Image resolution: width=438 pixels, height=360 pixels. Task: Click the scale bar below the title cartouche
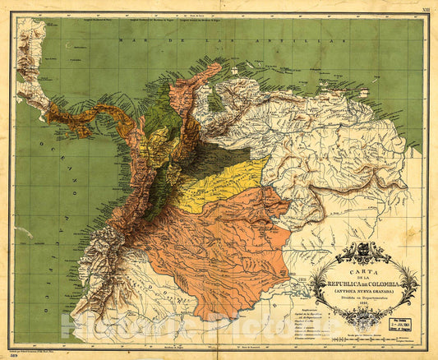(x=357, y=336)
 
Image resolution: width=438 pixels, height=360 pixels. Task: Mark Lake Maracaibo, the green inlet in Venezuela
(x=214, y=101)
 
